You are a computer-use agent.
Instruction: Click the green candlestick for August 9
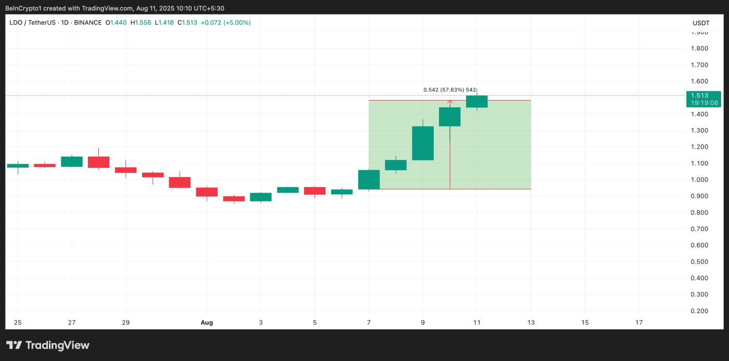pyautogui.click(x=423, y=143)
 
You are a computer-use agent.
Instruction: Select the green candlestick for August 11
pyautogui.click(x=476, y=102)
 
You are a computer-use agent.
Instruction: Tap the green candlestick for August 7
pyautogui.click(x=369, y=180)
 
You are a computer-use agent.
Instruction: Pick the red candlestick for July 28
pyautogui.click(x=98, y=162)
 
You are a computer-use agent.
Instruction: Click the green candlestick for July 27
pyautogui.click(x=72, y=161)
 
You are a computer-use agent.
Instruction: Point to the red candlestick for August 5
pyautogui.click(x=315, y=191)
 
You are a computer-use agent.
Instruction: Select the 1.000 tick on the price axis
pyautogui.click(x=699, y=180)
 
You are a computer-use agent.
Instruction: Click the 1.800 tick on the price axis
pyautogui.click(x=699, y=48)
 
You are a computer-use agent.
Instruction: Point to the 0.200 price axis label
pyautogui.click(x=699, y=311)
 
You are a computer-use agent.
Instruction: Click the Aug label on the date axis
pyautogui.click(x=207, y=322)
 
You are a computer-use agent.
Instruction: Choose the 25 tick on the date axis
pyautogui.click(x=18, y=322)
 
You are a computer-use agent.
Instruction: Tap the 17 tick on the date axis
pyautogui.click(x=639, y=322)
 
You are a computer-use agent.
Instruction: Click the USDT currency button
pyautogui.click(x=701, y=23)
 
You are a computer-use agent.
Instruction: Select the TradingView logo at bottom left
pyautogui.click(x=48, y=345)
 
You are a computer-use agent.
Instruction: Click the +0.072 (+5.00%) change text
pyautogui.click(x=225, y=22)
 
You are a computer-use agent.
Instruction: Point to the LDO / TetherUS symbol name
pyautogui.click(x=32, y=22)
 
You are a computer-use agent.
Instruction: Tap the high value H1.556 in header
pyautogui.click(x=142, y=22)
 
